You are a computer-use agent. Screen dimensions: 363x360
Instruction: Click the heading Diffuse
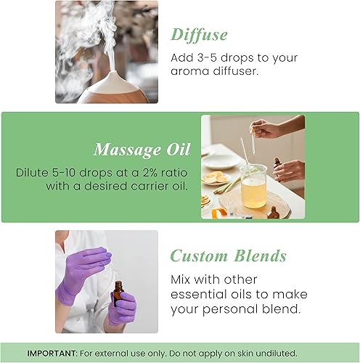click(x=199, y=34)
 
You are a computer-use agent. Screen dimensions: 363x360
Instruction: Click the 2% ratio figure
click(x=131, y=174)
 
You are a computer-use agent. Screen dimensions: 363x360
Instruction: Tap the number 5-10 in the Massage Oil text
click(x=67, y=174)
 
